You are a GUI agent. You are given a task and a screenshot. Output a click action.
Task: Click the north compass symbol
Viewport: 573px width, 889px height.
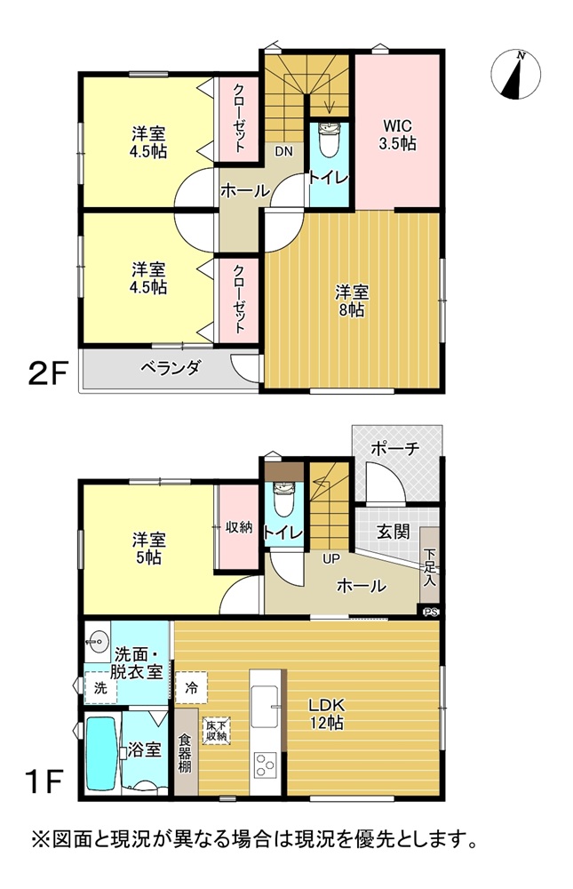[x=515, y=75]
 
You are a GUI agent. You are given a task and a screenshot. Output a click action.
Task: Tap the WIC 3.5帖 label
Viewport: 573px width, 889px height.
[x=397, y=135]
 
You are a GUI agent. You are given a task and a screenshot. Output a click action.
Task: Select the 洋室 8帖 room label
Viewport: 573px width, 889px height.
[x=352, y=301]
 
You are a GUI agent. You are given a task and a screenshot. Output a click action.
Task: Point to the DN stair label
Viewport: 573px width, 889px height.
[x=283, y=151]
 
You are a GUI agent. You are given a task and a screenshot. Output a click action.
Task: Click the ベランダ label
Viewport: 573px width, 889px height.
[x=171, y=369]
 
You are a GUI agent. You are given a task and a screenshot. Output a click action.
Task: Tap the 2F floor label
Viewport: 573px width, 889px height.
[x=48, y=375]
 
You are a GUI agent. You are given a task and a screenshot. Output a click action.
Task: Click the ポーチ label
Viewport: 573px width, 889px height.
[x=395, y=448]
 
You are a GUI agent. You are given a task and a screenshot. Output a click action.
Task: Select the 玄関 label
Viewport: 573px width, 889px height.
[x=394, y=532]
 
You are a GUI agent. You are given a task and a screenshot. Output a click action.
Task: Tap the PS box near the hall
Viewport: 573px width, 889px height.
[x=431, y=612]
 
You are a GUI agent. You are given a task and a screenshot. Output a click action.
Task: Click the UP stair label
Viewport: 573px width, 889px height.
[x=331, y=559]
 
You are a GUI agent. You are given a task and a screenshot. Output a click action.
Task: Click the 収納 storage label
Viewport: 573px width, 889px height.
[x=239, y=526]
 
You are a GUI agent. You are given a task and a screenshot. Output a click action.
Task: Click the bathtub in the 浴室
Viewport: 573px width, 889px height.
[x=101, y=754]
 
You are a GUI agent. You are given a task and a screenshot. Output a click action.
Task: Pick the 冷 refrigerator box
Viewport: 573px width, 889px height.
[x=192, y=688]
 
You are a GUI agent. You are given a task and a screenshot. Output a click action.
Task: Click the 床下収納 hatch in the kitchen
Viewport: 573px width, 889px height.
[x=217, y=731]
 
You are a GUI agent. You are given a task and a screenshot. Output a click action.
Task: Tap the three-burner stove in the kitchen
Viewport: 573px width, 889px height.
[x=264, y=765]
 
